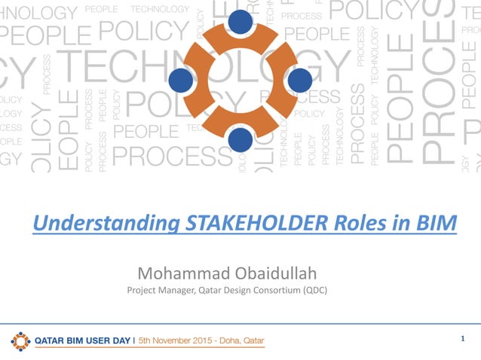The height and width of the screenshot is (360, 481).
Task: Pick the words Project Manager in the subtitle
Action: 156,291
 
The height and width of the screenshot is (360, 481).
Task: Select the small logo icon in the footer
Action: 21,341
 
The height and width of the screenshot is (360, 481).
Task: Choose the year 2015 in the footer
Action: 214,341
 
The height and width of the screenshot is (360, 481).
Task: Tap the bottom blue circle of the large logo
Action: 240,139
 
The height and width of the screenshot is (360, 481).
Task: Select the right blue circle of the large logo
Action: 299,80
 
